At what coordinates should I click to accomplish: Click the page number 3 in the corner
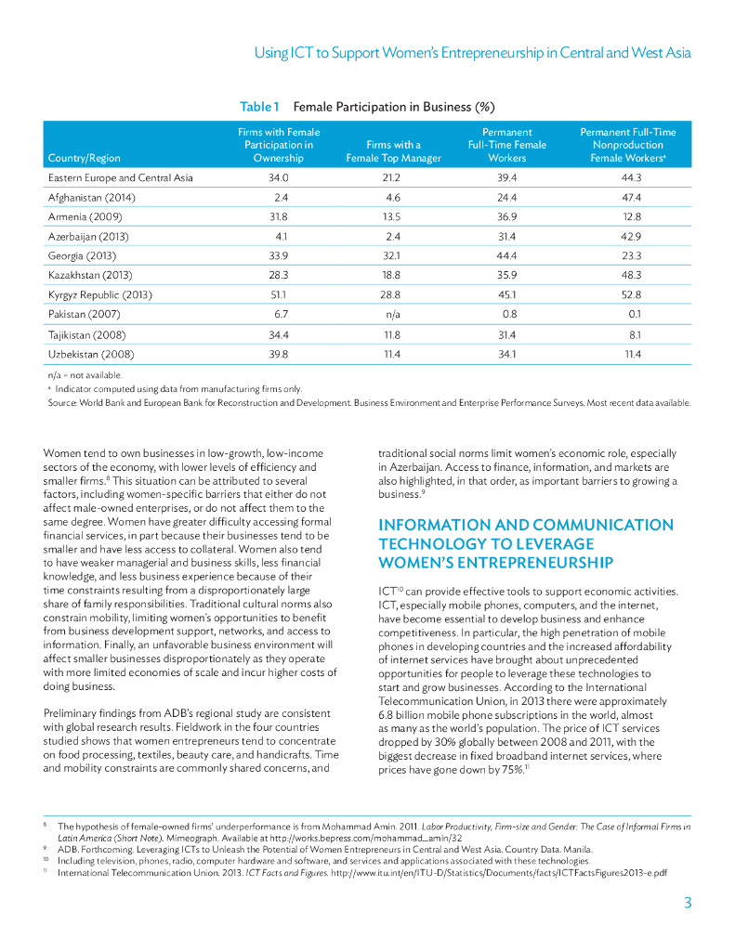coord(687,903)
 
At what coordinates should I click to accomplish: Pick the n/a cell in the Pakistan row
coord(391,315)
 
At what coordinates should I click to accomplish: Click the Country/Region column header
coord(84,158)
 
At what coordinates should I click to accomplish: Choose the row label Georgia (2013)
coord(83,255)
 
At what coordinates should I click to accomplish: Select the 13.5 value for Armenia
coord(391,216)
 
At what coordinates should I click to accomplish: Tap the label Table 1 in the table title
coord(259,107)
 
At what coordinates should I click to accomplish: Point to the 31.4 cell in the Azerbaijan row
coord(507,236)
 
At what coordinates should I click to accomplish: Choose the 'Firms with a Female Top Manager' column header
coord(391,151)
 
